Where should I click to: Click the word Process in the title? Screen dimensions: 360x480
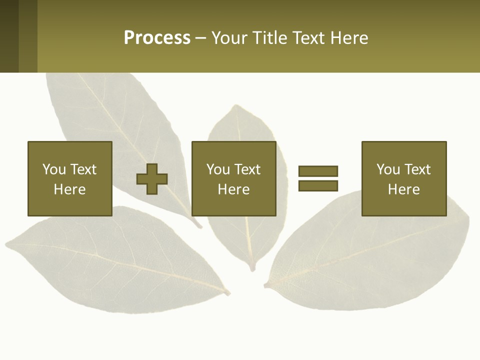pyautogui.click(x=157, y=38)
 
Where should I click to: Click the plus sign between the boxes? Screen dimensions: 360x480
pyautogui.click(x=152, y=178)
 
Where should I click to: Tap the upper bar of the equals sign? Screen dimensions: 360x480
pyautogui.click(x=318, y=171)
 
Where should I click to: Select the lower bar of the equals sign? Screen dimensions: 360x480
pyautogui.click(x=318, y=185)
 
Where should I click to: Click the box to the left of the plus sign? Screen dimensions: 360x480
pyautogui.click(x=69, y=178)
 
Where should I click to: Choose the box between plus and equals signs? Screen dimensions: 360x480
pyautogui.click(x=233, y=178)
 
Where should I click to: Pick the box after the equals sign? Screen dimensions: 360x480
pyautogui.click(x=403, y=178)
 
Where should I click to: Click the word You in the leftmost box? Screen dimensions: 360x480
pyautogui.click(x=54, y=169)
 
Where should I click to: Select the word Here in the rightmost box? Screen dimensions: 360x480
pyautogui.click(x=403, y=189)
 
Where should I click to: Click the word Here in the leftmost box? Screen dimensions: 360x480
pyautogui.click(x=69, y=189)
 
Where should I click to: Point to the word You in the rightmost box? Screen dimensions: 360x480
pyautogui.click(x=388, y=169)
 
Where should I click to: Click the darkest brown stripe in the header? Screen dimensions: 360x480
pyautogui.click(x=9, y=36)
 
